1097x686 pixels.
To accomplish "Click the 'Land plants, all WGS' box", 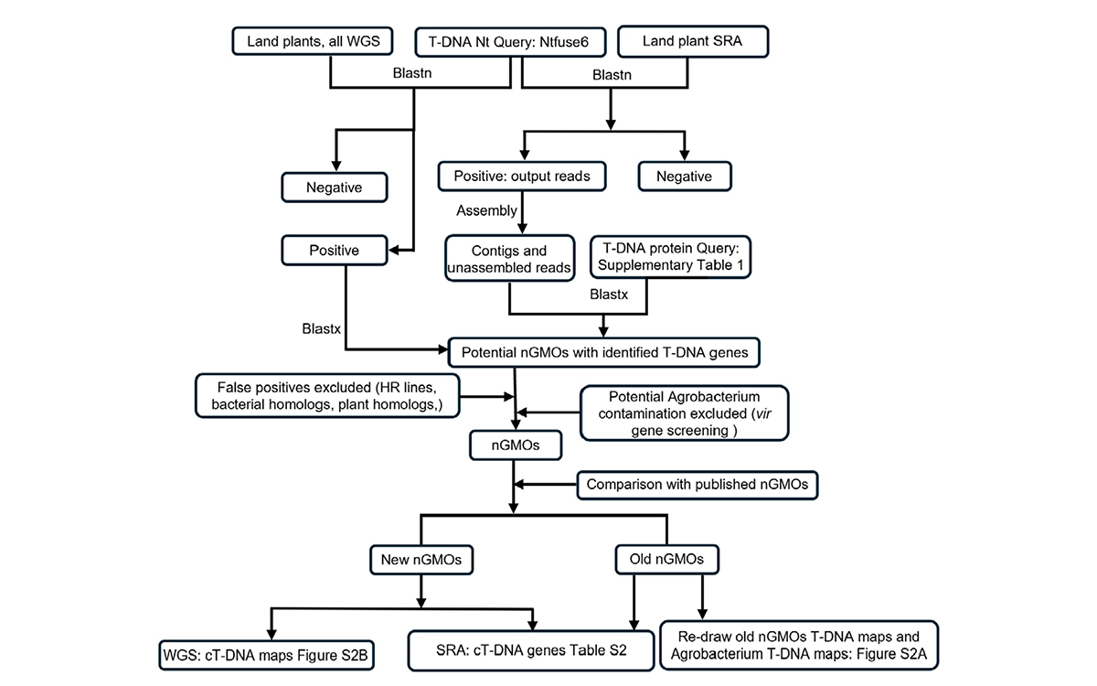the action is (x=313, y=41).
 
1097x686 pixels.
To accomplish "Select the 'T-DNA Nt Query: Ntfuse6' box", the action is (x=510, y=42).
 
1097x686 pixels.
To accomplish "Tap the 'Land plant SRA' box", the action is (x=693, y=42).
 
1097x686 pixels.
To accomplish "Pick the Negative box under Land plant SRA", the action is (x=685, y=177).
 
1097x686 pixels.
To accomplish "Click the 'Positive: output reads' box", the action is (x=522, y=177).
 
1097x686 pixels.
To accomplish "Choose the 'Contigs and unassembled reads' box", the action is (x=509, y=259).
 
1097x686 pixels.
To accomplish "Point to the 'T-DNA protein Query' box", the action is (x=670, y=257).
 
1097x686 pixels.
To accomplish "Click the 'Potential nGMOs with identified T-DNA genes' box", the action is (x=604, y=352).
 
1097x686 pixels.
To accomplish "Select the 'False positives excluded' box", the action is (x=327, y=396).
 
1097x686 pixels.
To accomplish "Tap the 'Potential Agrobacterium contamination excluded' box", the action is (x=684, y=413).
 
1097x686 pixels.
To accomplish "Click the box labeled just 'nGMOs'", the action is (x=516, y=445).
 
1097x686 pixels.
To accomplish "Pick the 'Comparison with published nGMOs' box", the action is (x=698, y=485).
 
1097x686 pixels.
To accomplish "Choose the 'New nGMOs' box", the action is (x=421, y=560).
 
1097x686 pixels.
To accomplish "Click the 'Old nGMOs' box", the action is (x=667, y=559).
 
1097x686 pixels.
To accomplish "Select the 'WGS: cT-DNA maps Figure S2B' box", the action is (x=266, y=655).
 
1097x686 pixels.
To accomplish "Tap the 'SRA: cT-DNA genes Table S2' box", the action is (x=531, y=650).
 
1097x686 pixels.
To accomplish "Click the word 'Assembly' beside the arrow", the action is (x=486, y=210).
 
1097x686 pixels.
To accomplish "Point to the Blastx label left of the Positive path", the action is (x=321, y=328).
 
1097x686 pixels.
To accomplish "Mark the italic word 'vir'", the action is (x=763, y=413).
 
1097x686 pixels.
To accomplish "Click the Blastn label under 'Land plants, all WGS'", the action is (x=412, y=73).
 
